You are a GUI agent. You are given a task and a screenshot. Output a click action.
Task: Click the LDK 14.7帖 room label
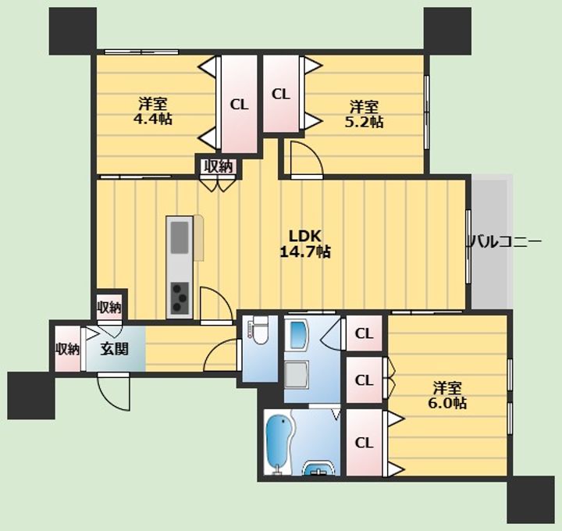point(305,244)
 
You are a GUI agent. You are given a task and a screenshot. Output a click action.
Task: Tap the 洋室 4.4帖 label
point(153,111)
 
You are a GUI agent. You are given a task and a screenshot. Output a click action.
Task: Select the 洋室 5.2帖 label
point(365,114)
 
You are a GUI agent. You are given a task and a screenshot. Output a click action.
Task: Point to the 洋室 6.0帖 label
point(447,395)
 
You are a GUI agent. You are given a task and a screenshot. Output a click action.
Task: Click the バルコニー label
point(505,241)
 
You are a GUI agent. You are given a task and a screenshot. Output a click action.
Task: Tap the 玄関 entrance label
point(114,348)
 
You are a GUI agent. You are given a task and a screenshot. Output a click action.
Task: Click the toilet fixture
point(259,330)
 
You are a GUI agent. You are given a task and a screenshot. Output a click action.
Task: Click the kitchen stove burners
point(180,298)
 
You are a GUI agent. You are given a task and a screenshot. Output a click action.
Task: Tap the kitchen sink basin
point(180,237)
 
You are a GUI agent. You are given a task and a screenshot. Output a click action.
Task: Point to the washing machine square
point(297,375)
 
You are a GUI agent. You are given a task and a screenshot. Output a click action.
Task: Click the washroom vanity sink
point(318,468)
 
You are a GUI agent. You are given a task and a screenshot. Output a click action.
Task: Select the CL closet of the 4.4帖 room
point(239,104)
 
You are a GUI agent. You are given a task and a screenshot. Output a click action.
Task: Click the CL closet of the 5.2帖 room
point(281,94)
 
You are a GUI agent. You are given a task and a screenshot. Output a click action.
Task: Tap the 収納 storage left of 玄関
point(67,348)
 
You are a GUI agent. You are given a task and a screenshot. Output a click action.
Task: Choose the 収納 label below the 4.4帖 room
point(219,167)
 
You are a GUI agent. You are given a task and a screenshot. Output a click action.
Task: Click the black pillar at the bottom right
point(531,500)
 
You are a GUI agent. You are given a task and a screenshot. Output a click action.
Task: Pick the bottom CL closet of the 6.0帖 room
point(365,444)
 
